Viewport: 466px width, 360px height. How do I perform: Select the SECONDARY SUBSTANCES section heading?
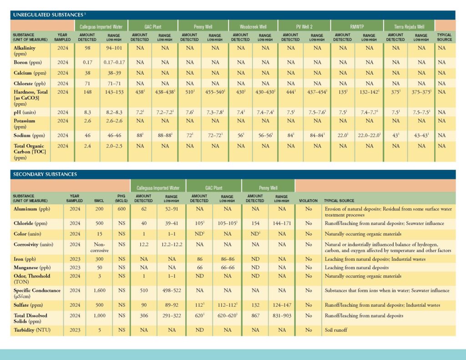pyautogui.click(x=45, y=174)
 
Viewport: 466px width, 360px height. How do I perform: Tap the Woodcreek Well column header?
pyautogui.click(x=253, y=27)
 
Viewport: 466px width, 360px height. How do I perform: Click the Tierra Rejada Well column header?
pyautogui.click(x=409, y=27)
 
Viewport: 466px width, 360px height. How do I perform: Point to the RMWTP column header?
pyautogui.click(x=357, y=27)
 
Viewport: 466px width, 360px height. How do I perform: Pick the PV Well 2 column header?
pyautogui.click(x=304, y=27)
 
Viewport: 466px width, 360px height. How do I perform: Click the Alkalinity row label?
pyautogui.click(x=25, y=51)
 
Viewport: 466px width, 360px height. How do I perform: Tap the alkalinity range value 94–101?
pyautogui.click(x=114, y=48)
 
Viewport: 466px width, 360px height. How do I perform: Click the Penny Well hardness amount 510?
pyautogui.click(x=190, y=92)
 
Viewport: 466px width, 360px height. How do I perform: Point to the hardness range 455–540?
pyautogui.click(x=215, y=92)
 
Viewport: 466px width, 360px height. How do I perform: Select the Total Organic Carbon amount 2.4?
pyautogui.click(x=87, y=146)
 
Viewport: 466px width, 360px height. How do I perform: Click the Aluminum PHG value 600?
pyautogui.click(x=122, y=209)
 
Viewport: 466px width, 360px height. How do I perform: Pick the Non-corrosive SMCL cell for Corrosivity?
pyautogui.click(x=100, y=247)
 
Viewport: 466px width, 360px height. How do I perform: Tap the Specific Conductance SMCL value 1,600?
pyautogui.click(x=99, y=290)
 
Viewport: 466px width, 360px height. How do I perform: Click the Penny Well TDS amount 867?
pyautogui.click(x=256, y=316)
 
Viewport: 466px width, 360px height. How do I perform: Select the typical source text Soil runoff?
pyautogui.click(x=336, y=330)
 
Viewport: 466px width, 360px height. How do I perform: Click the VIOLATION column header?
pyautogui.click(x=308, y=201)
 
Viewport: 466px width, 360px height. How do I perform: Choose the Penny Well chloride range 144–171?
pyautogui.click(x=282, y=223)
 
